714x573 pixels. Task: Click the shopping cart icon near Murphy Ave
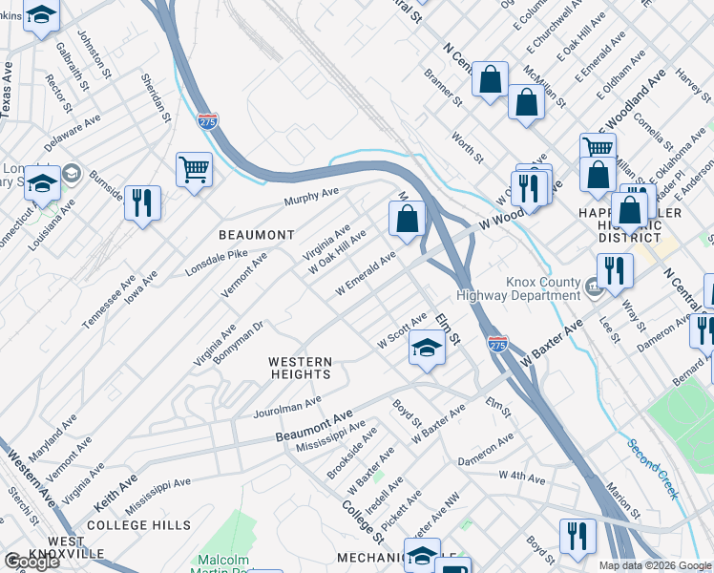click(194, 170)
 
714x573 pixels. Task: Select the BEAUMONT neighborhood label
click(256, 235)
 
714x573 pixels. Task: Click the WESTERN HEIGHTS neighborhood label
click(300, 369)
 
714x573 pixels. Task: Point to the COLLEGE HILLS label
click(138, 525)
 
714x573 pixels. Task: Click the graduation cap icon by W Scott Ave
click(428, 349)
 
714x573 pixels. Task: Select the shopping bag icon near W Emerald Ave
click(407, 219)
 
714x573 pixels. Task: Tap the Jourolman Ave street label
click(287, 408)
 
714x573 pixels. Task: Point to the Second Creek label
click(652, 469)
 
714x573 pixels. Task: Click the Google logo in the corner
click(31, 562)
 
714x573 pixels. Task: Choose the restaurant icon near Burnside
click(142, 202)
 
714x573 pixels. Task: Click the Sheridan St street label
click(156, 97)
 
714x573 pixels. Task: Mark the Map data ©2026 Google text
click(655, 565)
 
